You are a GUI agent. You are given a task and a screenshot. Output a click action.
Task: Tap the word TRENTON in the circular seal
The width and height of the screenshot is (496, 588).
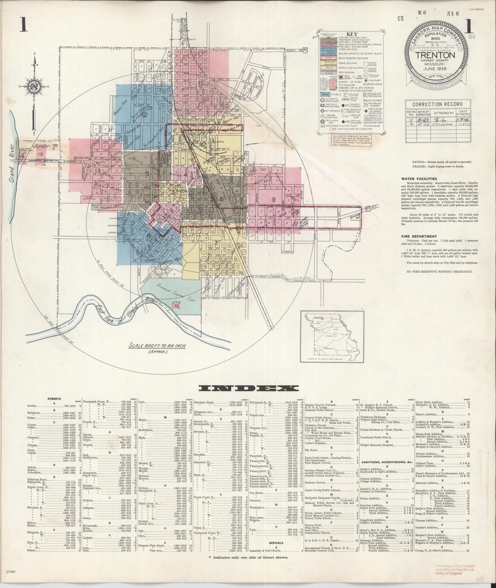tap(437, 55)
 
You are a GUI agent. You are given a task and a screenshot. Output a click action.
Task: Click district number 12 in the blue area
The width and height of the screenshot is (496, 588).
tap(145, 115)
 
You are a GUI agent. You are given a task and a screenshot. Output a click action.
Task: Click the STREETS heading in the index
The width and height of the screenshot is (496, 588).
tap(55, 399)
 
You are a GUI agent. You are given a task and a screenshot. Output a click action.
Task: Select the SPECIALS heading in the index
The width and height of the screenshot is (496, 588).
tap(276, 553)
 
